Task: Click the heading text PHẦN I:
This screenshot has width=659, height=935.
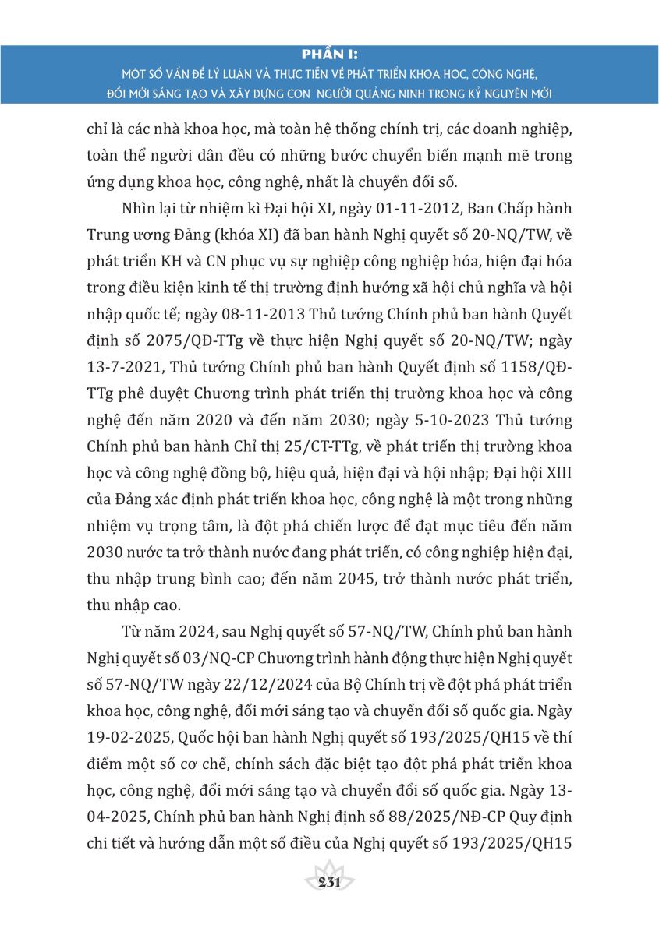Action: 329,55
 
